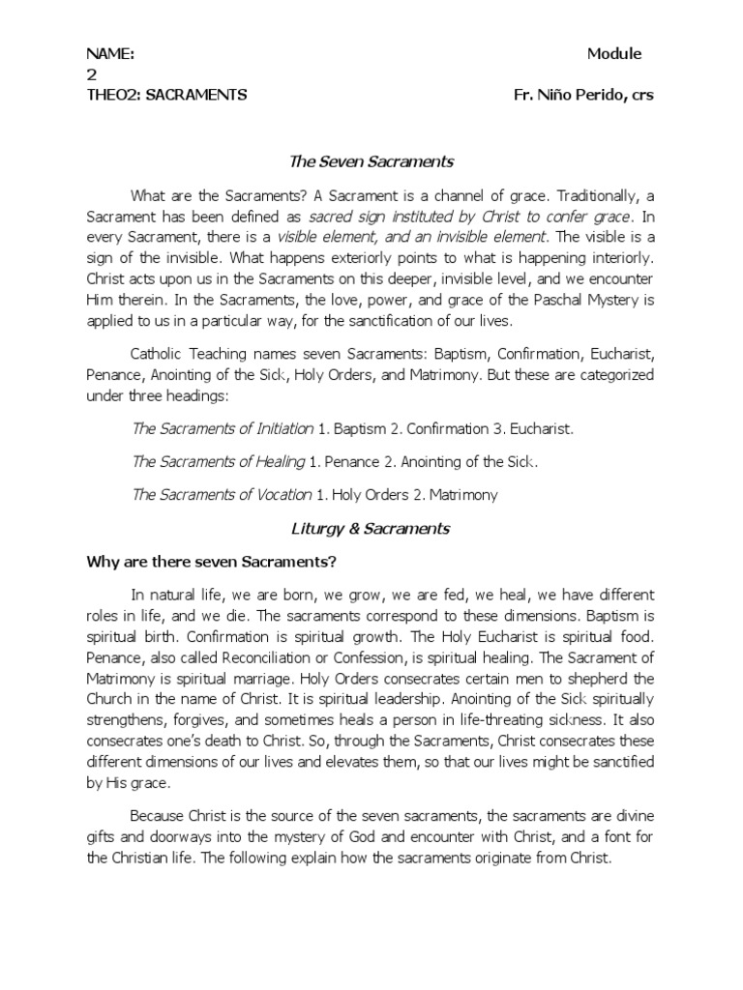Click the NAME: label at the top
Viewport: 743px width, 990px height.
pyautogui.click(x=110, y=54)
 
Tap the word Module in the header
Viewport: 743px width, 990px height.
pyautogui.click(x=614, y=54)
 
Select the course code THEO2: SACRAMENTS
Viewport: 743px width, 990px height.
pyautogui.click(x=166, y=95)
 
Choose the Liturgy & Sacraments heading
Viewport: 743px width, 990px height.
pyautogui.click(x=371, y=528)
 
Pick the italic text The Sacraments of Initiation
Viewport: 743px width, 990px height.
pyautogui.click(x=223, y=428)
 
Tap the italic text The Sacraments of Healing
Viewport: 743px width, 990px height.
pyautogui.click(x=218, y=462)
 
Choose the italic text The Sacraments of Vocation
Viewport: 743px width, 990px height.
pyautogui.click(x=222, y=495)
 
